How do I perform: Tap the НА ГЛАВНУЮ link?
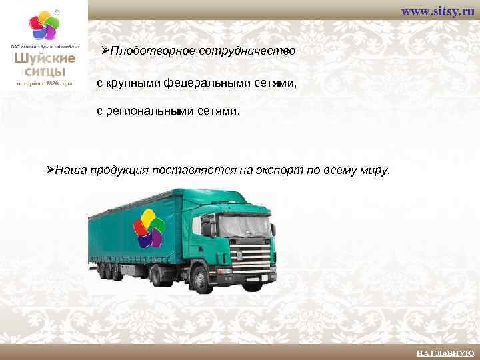444,353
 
